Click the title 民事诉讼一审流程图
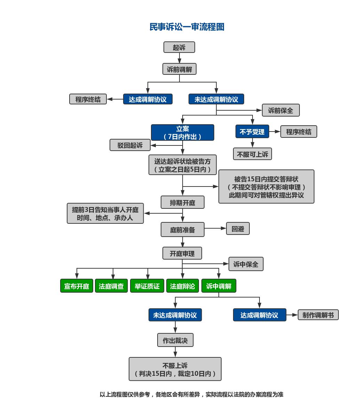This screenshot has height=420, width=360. (x=187, y=27)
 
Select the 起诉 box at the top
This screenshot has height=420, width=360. (x=179, y=47)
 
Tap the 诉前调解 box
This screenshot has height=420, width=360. (x=179, y=69)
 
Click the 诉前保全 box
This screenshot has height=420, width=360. (x=280, y=110)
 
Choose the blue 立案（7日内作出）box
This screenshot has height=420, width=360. (x=182, y=133)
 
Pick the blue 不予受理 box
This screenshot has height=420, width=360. (x=252, y=132)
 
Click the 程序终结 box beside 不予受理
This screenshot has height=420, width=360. (x=298, y=132)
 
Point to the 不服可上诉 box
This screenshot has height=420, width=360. (x=252, y=154)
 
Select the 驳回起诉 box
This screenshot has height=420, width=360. (x=130, y=145)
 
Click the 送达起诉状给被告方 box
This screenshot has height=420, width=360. (x=182, y=165)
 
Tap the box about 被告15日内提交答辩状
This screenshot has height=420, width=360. (x=266, y=187)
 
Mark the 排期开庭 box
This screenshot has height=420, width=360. (x=182, y=202)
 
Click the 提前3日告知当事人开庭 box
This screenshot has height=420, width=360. (x=105, y=213)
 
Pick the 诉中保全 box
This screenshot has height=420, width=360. (x=246, y=264)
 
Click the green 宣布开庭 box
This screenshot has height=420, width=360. (x=77, y=286)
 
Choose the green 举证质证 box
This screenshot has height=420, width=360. (x=147, y=286)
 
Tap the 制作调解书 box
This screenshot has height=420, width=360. (x=318, y=315)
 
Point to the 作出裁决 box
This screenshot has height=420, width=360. (x=175, y=340)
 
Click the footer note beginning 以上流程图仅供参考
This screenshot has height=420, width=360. (x=191, y=394)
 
